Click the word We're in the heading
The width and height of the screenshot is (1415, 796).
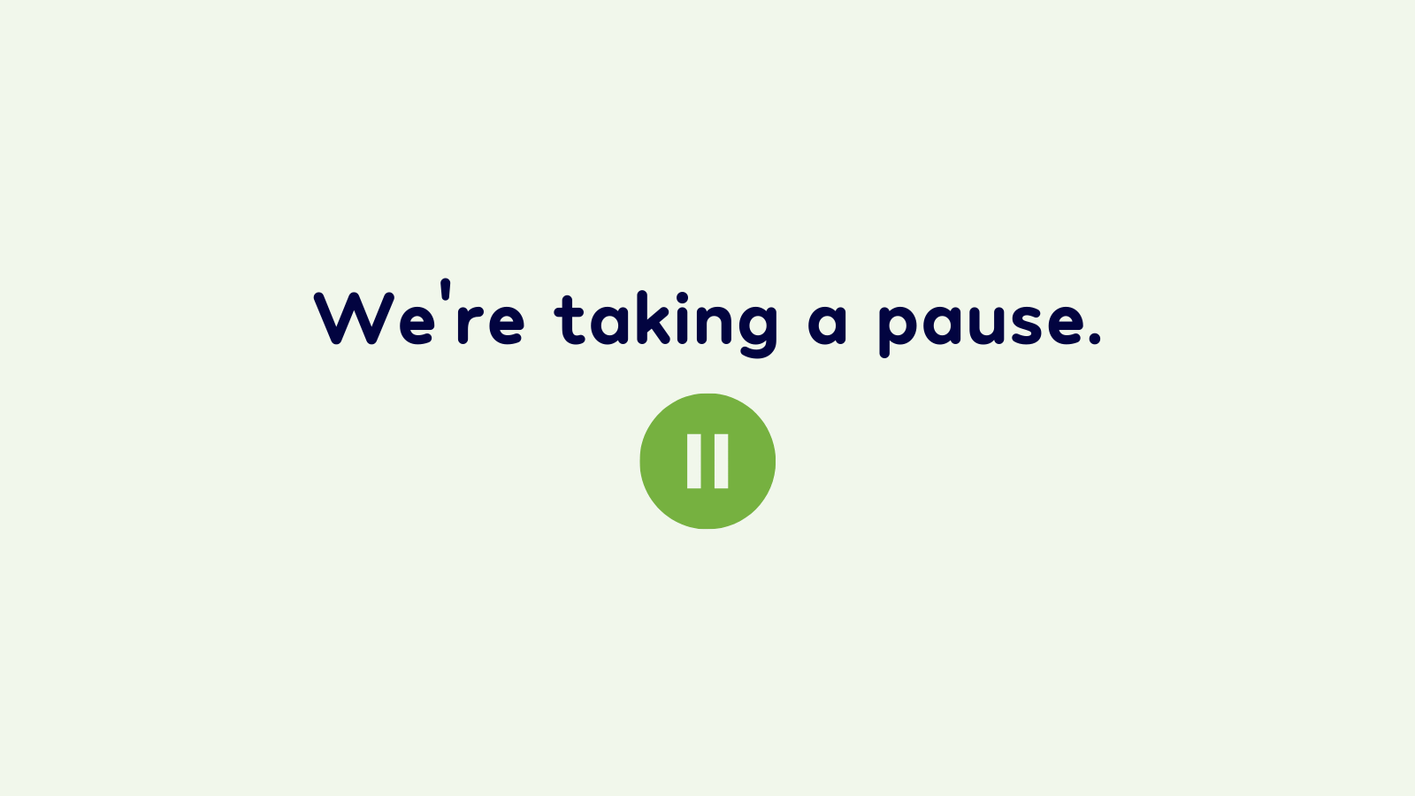coord(419,313)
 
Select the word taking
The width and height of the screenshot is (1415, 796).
coord(666,324)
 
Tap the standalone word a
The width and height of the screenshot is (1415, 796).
coord(827,325)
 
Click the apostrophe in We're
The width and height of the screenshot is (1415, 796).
coord(446,289)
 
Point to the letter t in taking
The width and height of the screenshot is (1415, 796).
coord(569,320)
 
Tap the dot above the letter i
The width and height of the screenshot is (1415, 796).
coord(682,298)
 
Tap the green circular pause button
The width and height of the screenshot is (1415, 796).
coord(707,461)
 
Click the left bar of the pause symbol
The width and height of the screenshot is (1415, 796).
coord(693,461)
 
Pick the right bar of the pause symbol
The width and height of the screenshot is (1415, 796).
coord(721,461)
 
